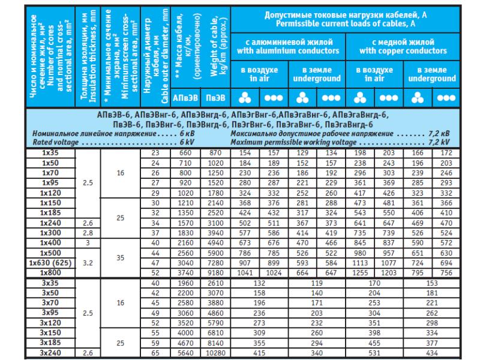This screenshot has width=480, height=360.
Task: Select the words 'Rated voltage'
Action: click(56, 143)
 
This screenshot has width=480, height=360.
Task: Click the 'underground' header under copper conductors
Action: click(431, 78)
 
